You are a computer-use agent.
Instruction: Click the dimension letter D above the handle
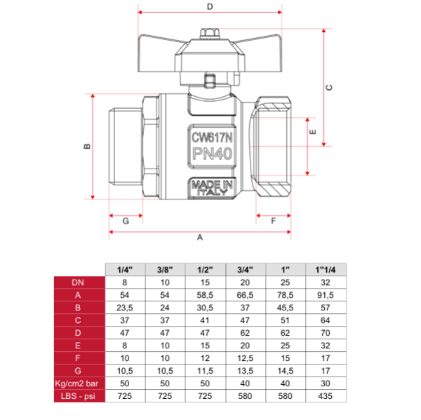click(210, 6)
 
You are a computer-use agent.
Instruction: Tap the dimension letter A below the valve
click(200, 237)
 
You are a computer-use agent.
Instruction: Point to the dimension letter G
click(126, 221)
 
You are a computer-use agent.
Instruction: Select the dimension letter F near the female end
click(274, 221)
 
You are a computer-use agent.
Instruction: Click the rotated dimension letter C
click(329, 88)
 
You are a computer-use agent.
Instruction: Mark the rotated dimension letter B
click(87, 147)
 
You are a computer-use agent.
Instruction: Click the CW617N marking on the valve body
click(212, 138)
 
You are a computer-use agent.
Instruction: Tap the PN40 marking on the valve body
click(212, 154)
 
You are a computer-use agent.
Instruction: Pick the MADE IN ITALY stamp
click(212, 188)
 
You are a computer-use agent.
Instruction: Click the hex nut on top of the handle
click(210, 34)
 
